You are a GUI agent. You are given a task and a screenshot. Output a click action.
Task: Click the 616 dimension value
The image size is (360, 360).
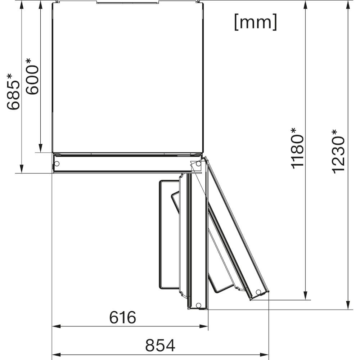pos(123,317)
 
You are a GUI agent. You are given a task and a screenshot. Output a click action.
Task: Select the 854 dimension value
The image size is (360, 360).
pos(160,345)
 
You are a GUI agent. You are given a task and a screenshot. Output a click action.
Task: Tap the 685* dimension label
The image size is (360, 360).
pos(13,91)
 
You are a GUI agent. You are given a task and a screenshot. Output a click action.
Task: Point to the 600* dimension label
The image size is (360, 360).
pos(32,76)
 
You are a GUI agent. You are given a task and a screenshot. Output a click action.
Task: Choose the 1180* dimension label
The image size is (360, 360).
pos(297,148)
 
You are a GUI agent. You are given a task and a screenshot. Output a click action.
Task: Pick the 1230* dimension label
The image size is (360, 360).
pos(338,151)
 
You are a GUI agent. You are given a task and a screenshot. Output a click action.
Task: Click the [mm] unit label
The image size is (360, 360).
pos(256,22)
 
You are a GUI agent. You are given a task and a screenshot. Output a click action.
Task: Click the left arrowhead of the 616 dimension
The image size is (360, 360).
pos(57,326)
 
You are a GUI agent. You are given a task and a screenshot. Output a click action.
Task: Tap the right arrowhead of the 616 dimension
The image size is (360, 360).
pos(204,326)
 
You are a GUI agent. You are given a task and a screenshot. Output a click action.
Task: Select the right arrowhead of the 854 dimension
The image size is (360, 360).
pos(264,355)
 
